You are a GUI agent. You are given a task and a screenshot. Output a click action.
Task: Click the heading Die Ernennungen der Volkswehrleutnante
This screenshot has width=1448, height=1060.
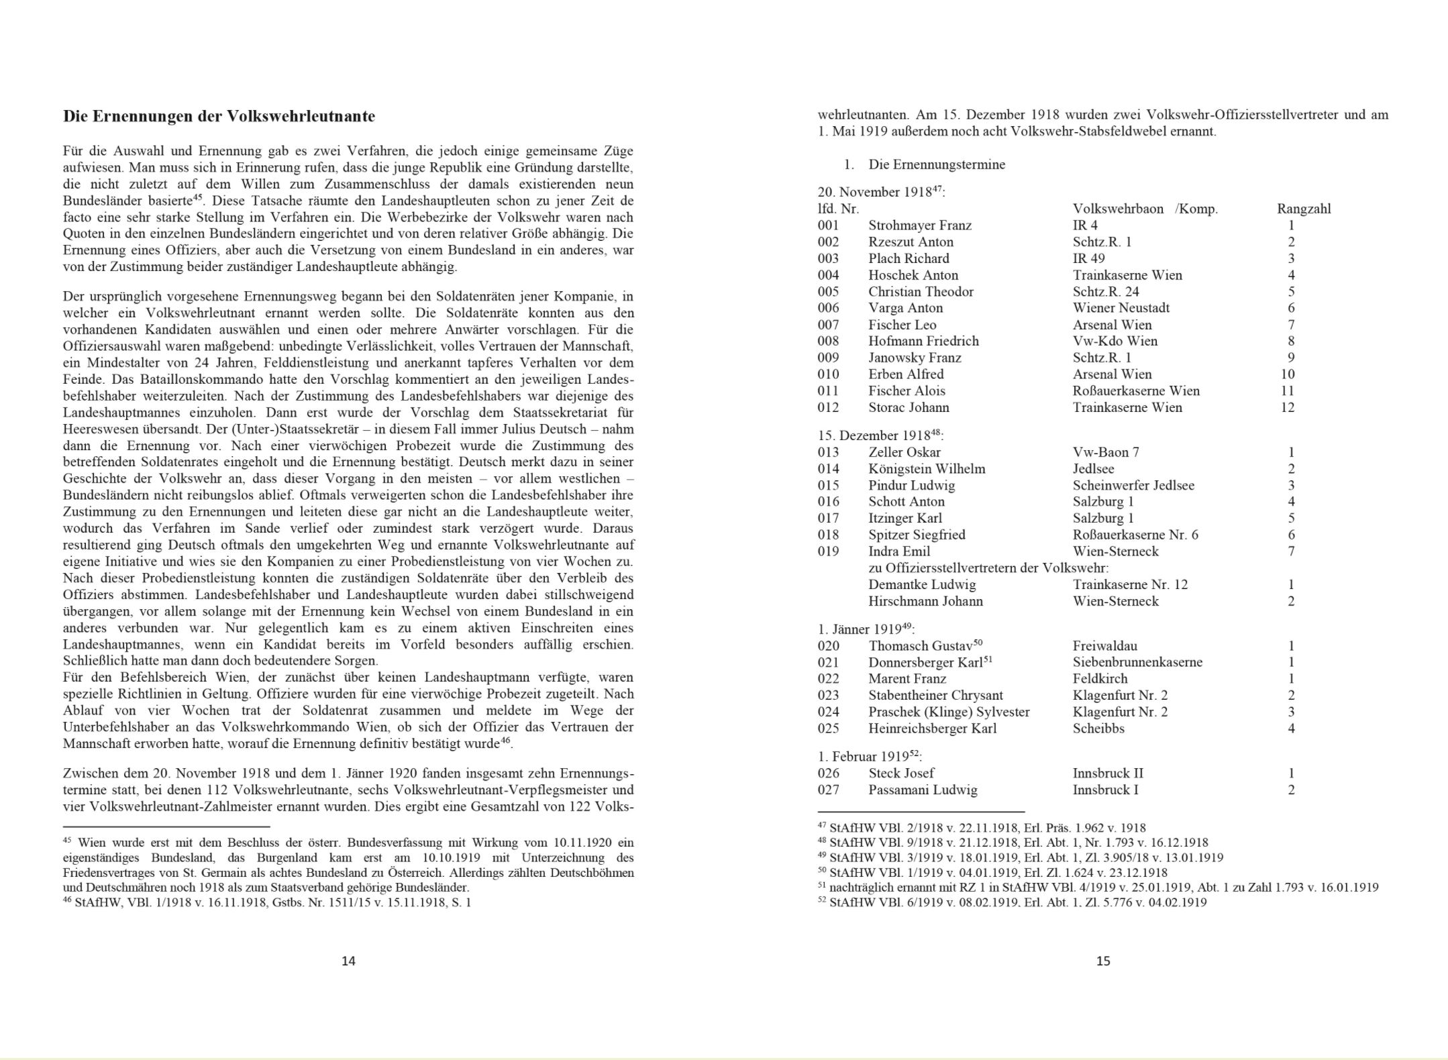219,116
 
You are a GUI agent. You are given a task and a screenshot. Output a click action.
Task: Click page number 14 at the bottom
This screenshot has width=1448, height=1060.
348,961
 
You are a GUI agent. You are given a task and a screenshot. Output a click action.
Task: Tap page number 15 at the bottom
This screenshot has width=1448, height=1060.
1103,961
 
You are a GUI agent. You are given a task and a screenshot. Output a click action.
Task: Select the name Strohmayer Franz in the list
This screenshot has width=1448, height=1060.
919,225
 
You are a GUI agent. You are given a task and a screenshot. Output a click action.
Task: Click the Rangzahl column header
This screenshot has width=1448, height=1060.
1303,209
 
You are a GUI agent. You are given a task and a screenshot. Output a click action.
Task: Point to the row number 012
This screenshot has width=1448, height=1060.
828,407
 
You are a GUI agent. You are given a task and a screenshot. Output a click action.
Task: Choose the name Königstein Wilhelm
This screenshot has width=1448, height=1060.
926,468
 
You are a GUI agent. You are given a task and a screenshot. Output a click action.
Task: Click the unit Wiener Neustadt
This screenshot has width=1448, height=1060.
1121,308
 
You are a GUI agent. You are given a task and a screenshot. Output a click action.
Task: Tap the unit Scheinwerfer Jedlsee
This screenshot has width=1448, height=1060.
1133,485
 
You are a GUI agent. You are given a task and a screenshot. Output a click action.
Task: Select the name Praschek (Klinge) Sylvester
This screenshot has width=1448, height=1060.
948,712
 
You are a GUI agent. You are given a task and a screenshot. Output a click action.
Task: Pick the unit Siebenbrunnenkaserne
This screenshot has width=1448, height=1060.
1137,662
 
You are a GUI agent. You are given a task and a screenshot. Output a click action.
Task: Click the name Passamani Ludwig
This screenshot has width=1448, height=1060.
923,790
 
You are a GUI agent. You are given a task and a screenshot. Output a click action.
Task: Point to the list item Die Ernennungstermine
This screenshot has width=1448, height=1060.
936,164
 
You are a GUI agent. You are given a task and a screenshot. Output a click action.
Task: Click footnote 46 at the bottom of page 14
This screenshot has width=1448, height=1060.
268,902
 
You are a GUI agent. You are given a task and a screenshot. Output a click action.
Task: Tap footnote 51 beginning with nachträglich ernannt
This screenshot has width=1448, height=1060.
1097,887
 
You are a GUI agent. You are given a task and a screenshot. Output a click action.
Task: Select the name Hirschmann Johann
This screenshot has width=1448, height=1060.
925,601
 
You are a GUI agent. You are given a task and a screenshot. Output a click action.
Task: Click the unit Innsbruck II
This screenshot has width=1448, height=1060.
1108,773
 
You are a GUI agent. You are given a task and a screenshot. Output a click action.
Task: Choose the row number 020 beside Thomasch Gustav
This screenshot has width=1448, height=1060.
828,646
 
